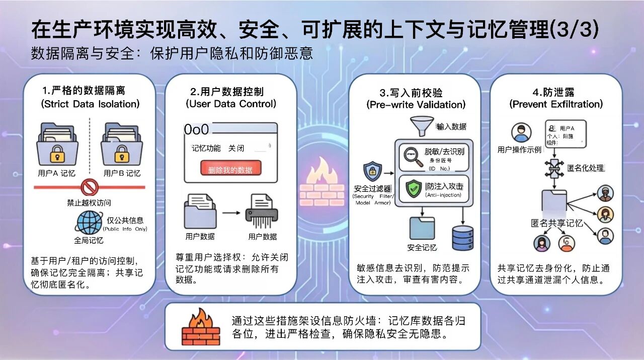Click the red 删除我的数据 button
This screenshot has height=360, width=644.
pos(231,169)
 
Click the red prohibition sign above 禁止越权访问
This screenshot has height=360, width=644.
pos(89,187)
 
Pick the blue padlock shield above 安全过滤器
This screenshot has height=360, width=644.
pos(372,171)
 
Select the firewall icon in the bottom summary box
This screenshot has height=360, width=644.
pos(200,326)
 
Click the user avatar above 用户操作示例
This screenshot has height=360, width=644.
pos(521,133)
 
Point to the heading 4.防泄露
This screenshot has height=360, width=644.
pos(555,92)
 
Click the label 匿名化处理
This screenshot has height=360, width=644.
pos(585,168)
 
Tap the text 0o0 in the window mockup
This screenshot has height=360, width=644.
pos(196,130)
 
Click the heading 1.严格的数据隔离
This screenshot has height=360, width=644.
pos(84,91)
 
